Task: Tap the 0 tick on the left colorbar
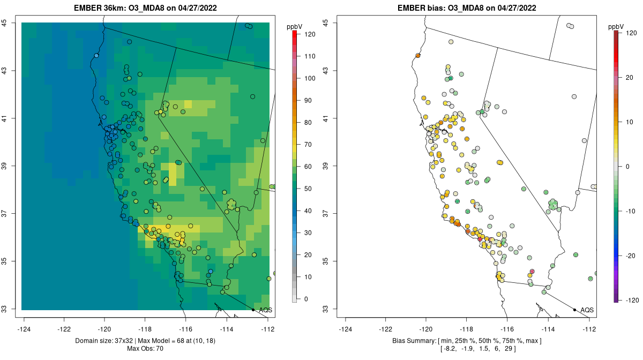(x=306, y=299)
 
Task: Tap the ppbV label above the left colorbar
(x=295, y=26)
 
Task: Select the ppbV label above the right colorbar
(x=617, y=26)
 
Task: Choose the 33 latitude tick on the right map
(x=326, y=309)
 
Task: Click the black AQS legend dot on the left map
(x=253, y=310)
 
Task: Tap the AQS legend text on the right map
(x=587, y=310)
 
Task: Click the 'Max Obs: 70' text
(x=145, y=349)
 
